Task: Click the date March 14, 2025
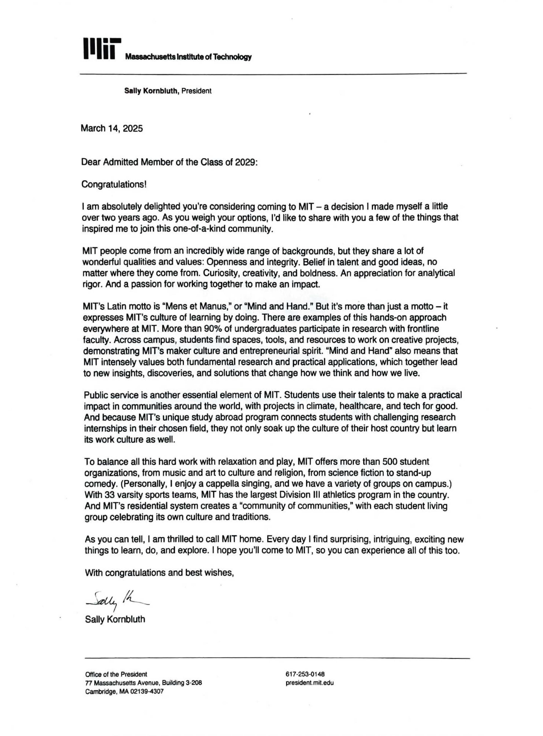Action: pos(112,128)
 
